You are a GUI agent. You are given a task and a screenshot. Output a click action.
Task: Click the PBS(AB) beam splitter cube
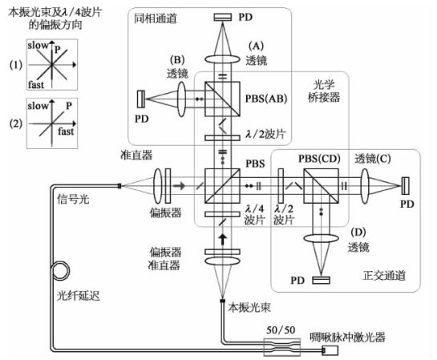point(222,99)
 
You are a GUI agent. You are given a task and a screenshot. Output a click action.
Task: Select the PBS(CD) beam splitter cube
point(321,186)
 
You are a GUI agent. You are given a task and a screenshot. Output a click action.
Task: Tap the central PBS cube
point(222,186)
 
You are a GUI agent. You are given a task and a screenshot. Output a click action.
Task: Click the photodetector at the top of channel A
point(223,18)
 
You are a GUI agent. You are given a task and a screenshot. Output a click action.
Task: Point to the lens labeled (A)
point(222,59)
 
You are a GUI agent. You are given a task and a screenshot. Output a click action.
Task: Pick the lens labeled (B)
point(181,99)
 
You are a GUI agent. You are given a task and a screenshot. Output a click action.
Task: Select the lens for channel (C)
point(365,186)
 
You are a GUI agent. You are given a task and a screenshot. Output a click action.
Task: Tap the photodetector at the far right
point(406,186)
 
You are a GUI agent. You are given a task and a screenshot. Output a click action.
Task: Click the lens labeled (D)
point(321,238)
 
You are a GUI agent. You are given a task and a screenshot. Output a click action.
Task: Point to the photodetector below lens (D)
point(321,280)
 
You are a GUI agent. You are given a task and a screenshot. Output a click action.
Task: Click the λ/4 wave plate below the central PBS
point(222,214)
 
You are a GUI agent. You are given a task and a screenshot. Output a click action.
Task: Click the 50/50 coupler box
point(282,347)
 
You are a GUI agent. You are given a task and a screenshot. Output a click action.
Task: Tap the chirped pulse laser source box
point(330,350)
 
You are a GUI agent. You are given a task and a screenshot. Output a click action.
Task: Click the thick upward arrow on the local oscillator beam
point(222,240)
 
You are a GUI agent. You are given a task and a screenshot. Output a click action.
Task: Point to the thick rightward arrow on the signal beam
point(179,185)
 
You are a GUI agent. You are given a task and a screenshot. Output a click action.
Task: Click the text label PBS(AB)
point(266,99)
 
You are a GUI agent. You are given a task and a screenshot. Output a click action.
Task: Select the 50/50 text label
point(281,330)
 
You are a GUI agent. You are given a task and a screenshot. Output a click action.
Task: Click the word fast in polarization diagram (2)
point(66,131)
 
